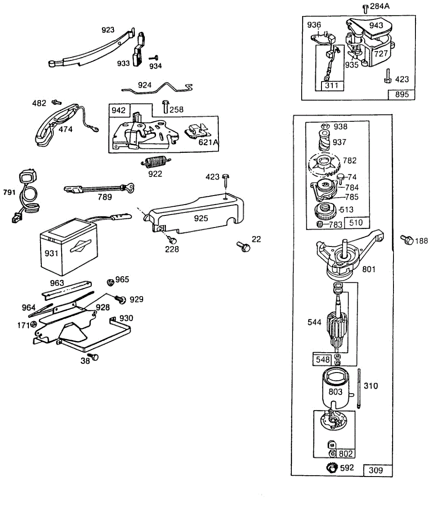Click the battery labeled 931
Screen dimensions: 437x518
[x=69, y=246]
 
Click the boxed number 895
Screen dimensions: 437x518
[x=401, y=95]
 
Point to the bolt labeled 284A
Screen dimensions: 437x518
[x=365, y=9]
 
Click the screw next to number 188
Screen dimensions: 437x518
[x=407, y=240]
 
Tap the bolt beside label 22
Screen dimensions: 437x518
[x=243, y=247]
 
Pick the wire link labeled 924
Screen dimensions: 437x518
[x=157, y=88]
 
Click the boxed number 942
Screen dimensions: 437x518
[x=119, y=110]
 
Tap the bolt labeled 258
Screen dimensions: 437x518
[x=165, y=107]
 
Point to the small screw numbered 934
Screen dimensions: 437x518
[x=154, y=58]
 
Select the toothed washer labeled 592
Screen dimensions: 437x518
[x=332, y=468]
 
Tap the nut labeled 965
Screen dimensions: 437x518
[x=110, y=282]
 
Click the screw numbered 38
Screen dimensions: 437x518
[x=93, y=357]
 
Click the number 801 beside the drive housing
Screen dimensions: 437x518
[x=368, y=269]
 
